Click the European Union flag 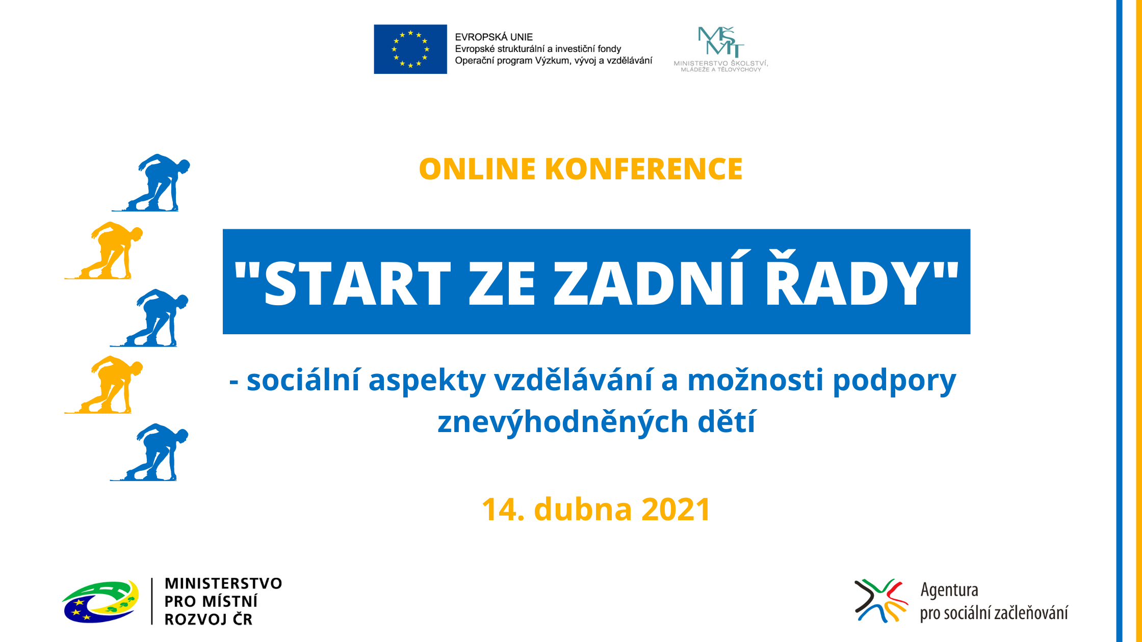410,49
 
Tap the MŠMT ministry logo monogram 721,41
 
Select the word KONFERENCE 644,169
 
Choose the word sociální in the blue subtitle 303,380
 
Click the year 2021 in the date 676,510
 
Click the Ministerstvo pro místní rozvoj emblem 100,602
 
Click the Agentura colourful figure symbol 881,601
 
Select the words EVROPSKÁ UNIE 494,37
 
